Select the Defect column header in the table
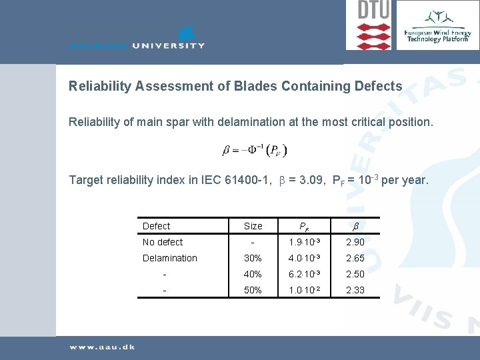pyautogui.click(x=156, y=226)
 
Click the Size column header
pyautogui.click(x=253, y=226)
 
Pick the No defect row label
pyautogui.click(x=163, y=242)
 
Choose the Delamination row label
pyautogui.click(x=170, y=258)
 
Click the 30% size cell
pyautogui.click(x=253, y=258)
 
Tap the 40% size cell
pyautogui.click(x=253, y=274)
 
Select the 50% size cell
pyautogui.click(x=253, y=290)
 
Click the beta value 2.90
pyautogui.click(x=355, y=242)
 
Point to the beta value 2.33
pyautogui.click(x=355, y=290)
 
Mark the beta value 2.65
pyautogui.click(x=355, y=258)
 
